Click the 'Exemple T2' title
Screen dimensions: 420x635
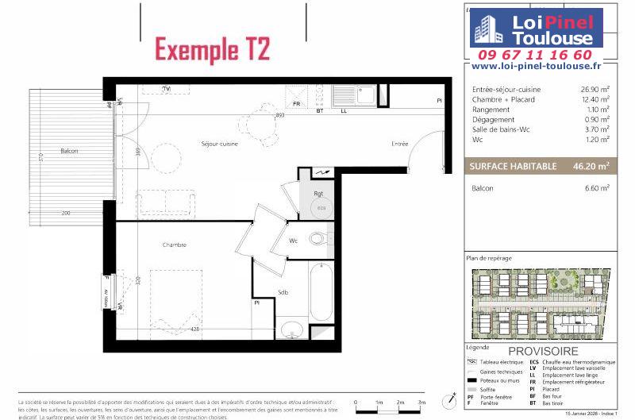point(212,49)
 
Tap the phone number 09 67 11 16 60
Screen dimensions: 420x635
point(534,55)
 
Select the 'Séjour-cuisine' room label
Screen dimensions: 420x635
point(219,144)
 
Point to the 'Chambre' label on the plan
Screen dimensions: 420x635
point(174,245)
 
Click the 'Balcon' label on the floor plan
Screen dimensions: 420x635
point(70,151)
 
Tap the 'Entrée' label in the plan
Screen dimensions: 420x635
point(399,144)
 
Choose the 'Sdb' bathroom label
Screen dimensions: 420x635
point(283,292)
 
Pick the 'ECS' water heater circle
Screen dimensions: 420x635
point(321,206)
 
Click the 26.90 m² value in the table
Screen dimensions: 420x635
point(595,89)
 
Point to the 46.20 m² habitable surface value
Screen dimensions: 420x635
point(593,166)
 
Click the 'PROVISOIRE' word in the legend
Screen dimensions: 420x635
point(544,351)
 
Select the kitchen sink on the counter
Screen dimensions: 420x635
point(366,95)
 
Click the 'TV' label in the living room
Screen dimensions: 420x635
point(167,88)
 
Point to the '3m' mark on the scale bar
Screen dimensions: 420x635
point(422,403)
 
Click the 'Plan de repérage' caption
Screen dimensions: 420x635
point(490,259)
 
